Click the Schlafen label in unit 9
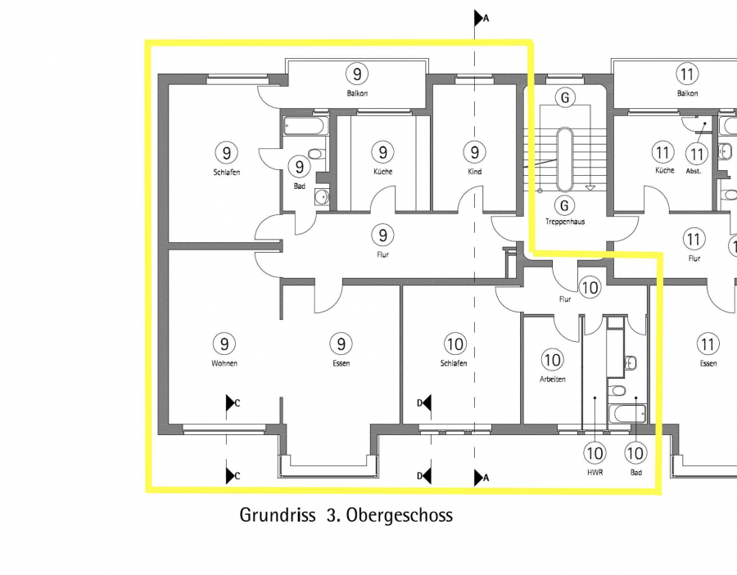[227, 173]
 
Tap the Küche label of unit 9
[382, 171]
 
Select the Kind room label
[475, 171]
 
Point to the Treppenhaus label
[565, 222]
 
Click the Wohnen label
[224, 363]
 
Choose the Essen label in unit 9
[341, 363]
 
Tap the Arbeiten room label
[552, 380]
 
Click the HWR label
[595, 473]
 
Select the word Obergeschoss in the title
[400, 515]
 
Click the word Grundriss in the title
[278, 515]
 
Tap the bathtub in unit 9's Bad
[304, 126]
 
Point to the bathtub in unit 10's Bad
[627, 414]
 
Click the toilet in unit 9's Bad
[316, 154]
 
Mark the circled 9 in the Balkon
[357, 74]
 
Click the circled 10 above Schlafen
[454, 344]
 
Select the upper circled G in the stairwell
[565, 97]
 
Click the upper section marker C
[233, 402]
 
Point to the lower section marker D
[424, 476]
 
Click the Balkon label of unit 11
[687, 93]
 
